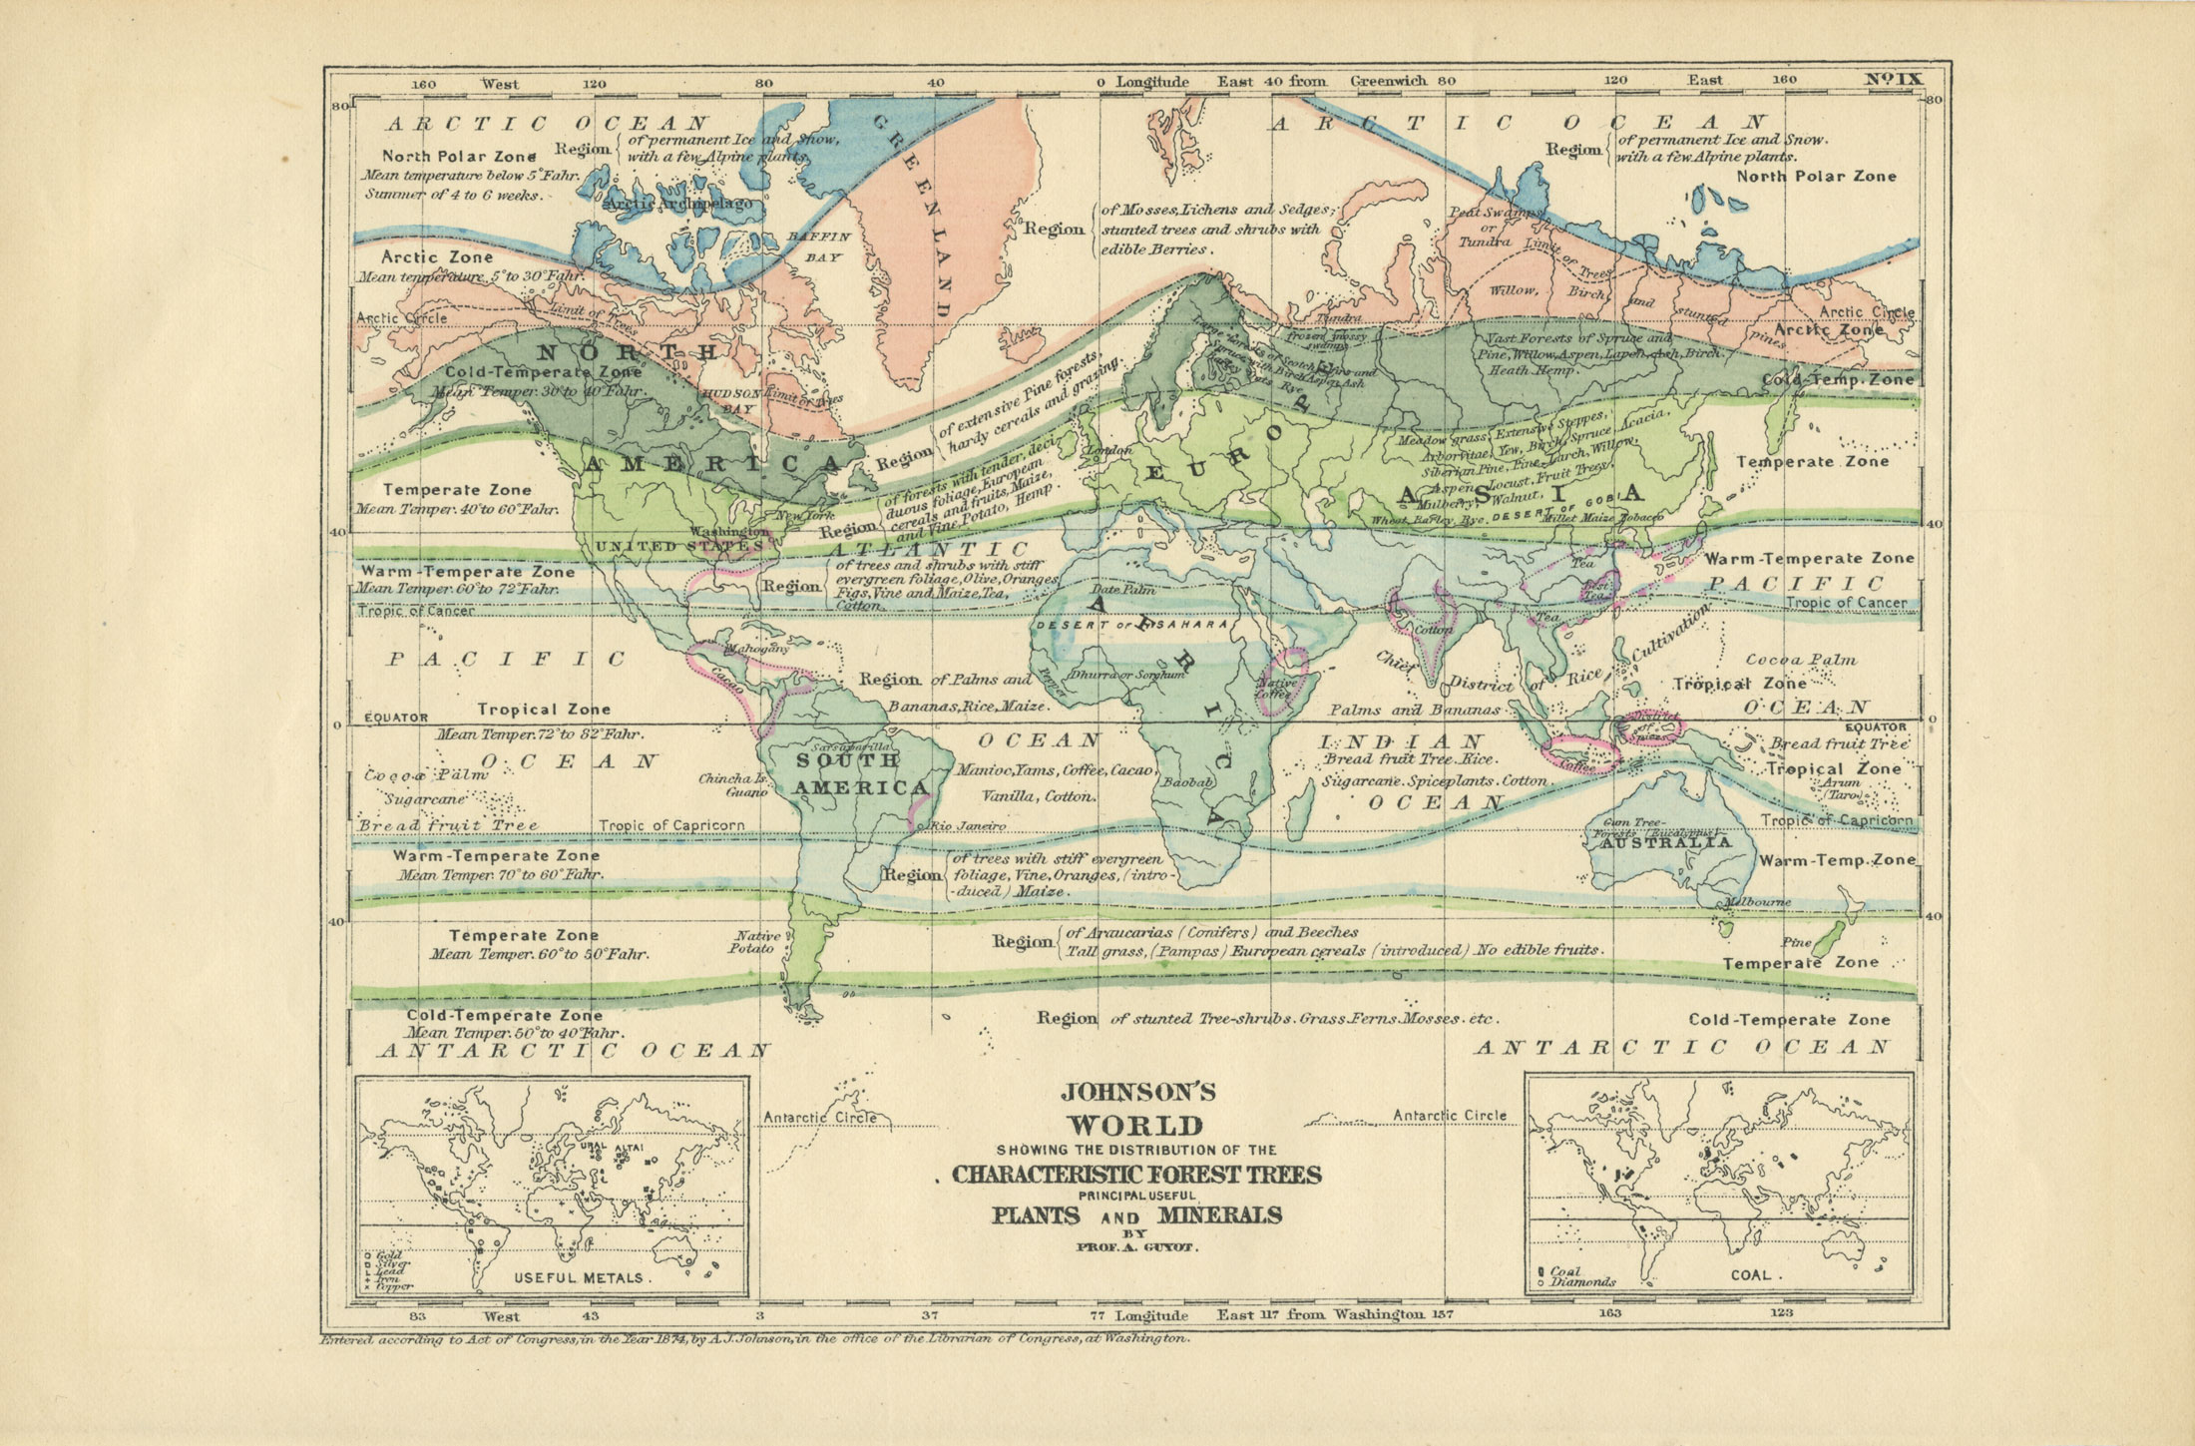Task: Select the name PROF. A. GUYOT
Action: point(1135,1247)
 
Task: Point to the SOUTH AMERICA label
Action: point(858,773)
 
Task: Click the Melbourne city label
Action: point(1758,902)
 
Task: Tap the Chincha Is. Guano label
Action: point(733,785)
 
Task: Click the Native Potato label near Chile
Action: point(755,942)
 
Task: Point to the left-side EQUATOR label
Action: point(396,717)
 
